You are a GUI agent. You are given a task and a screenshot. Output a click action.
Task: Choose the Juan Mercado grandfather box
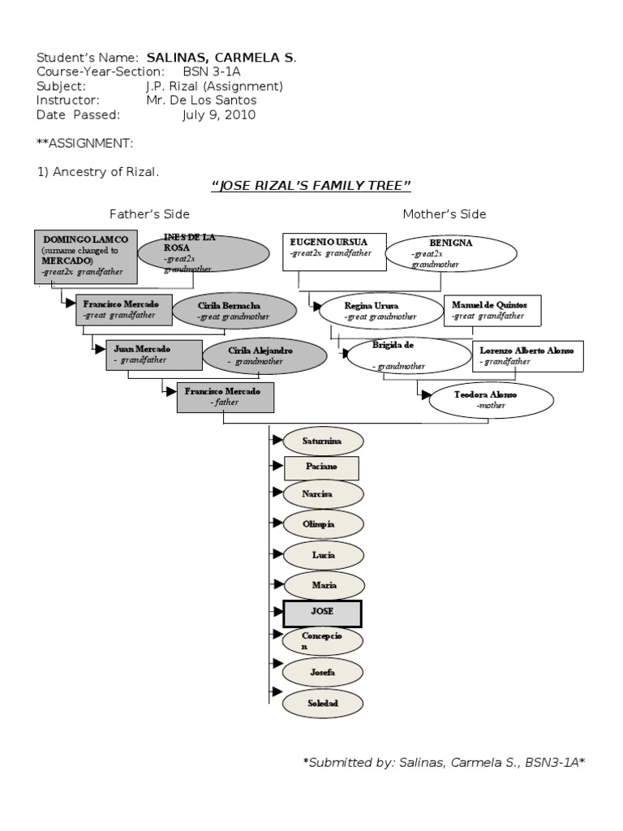[x=153, y=355]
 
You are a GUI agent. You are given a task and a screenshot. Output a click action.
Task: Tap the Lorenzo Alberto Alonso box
[x=526, y=355]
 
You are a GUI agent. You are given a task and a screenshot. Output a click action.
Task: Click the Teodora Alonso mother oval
[x=492, y=399]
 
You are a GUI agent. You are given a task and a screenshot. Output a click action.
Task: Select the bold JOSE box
[x=322, y=614]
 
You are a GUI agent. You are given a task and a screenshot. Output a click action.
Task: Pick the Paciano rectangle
[x=321, y=468]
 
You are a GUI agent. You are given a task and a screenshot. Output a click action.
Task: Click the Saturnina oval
[x=322, y=441]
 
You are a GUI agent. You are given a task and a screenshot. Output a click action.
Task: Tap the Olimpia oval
[x=322, y=525]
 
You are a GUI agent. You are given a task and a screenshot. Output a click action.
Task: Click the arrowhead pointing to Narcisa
[x=277, y=492]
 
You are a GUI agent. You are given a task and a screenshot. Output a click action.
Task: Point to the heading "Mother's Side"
[x=445, y=214]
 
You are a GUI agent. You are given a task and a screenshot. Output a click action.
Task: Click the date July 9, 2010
[x=218, y=115]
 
